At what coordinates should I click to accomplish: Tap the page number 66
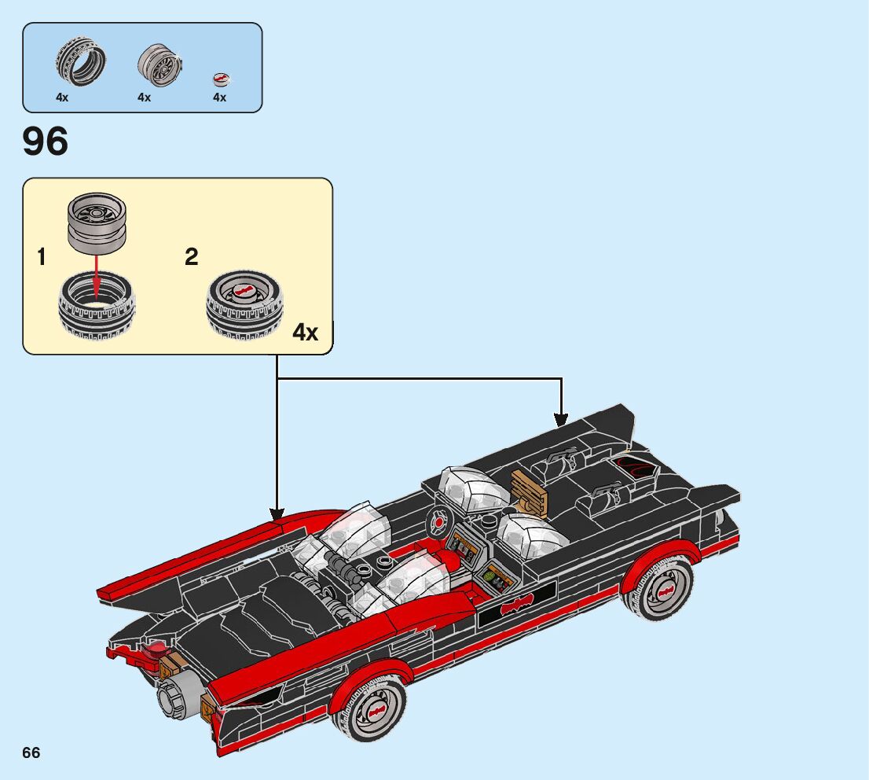[x=31, y=752]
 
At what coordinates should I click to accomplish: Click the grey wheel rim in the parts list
[x=159, y=64]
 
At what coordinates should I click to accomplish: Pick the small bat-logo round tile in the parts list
[x=221, y=80]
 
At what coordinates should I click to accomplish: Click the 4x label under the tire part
[x=62, y=97]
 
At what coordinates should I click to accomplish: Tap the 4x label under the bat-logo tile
[x=219, y=97]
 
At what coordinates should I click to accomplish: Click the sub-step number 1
[x=41, y=257]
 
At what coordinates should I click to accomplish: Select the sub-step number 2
[x=191, y=256]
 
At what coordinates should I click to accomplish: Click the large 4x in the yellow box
[x=306, y=332]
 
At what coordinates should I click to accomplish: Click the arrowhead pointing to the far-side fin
[x=561, y=420]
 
